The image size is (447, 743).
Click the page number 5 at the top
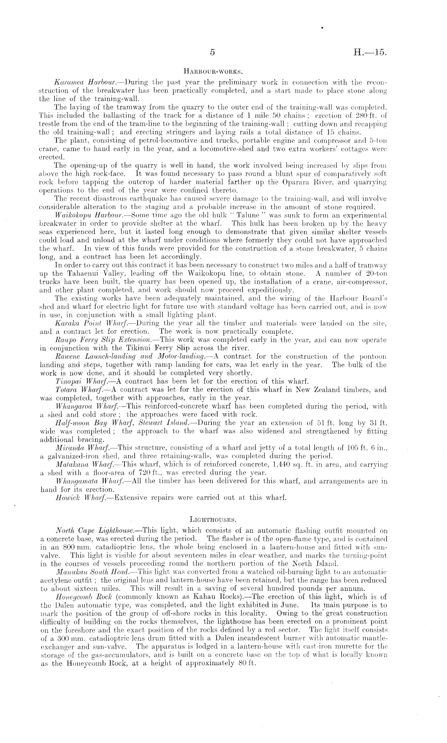[213, 52]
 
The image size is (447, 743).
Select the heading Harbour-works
[212, 72]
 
